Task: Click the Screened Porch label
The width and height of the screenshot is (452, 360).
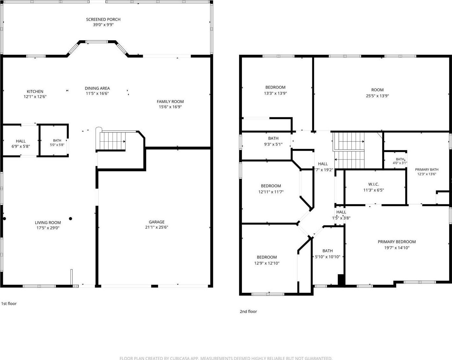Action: (x=103, y=19)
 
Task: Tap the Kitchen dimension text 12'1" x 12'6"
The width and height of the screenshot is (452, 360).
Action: (x=35, y=97)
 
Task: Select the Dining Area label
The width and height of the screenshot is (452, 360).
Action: (x=97, y=88)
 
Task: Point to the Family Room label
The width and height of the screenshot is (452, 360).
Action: (x=170, y=101)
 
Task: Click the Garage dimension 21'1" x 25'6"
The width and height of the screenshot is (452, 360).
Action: (x=157, y=227)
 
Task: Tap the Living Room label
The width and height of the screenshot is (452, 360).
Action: (x=48, y=223)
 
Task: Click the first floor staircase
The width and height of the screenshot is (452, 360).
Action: (x=113, y=141)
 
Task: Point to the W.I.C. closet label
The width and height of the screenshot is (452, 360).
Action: (x=374, y=184)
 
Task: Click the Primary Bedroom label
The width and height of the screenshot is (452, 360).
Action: (x=397, y=242)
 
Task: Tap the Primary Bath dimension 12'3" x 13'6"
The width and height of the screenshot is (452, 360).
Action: (x=427, y=174)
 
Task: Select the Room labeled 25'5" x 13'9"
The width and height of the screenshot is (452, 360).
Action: (x=377, y=93)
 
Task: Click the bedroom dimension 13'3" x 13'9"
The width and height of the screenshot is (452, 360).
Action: (x=275, y=93)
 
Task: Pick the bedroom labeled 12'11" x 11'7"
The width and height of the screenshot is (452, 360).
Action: (x=271, y=189)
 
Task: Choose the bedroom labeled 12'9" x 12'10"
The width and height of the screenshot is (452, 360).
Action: (x=267, y=260)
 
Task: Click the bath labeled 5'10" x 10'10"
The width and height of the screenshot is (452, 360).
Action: (x=328, y=254)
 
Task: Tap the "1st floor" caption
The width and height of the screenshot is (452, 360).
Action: (x=9, y=304)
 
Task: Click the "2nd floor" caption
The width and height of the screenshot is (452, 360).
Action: (x=248, y=312)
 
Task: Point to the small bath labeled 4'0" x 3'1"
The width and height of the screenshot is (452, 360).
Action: (x=400, y=161)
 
